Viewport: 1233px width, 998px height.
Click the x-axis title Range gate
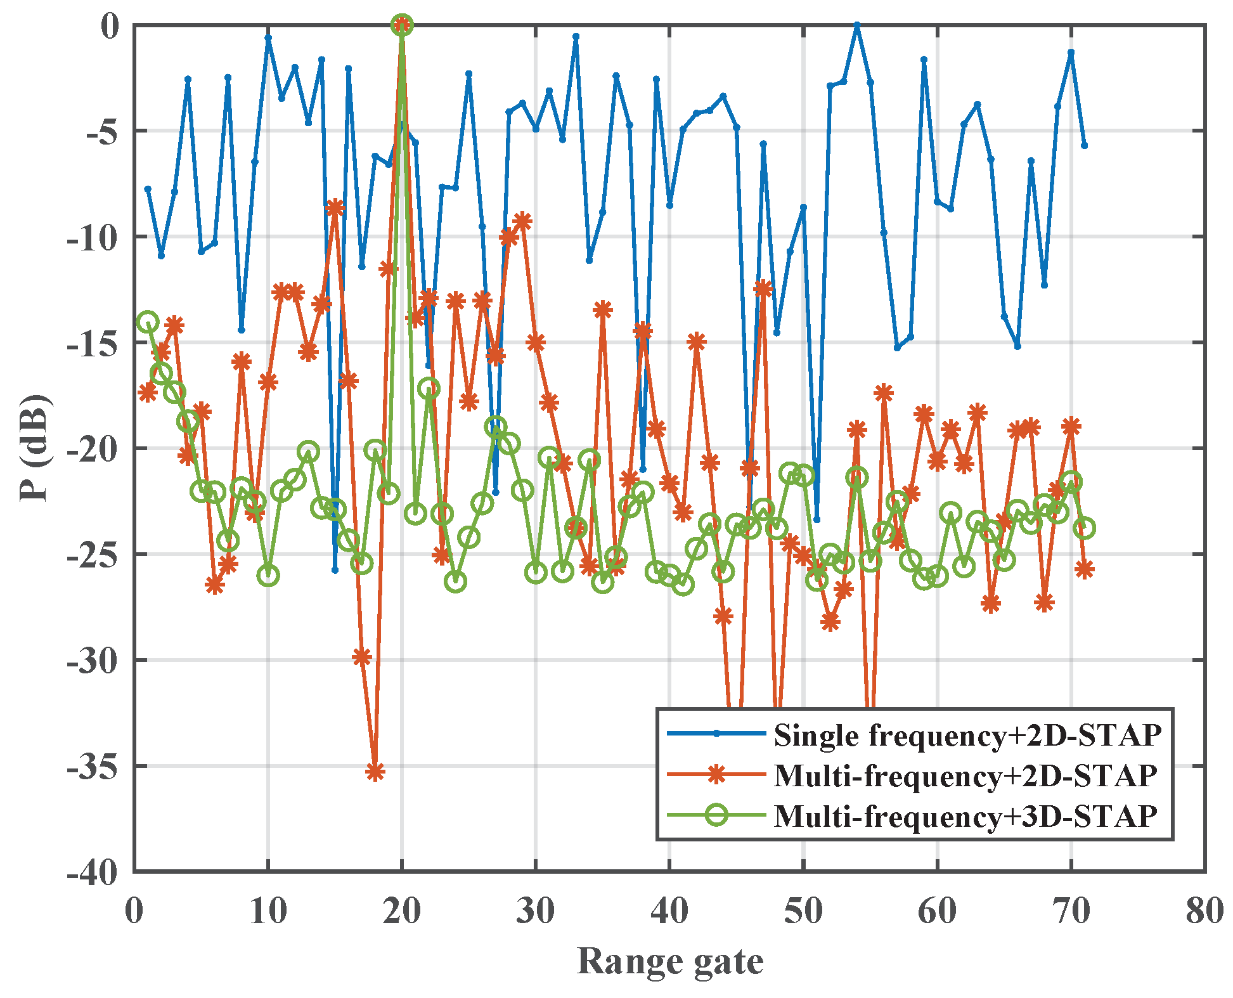coord(670,961)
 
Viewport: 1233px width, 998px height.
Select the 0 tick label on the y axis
coord(109,27)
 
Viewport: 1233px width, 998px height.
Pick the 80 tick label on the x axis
coord(1204,912)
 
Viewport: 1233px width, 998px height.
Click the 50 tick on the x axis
coord(803,912)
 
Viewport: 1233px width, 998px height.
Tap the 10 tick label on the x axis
coord(268,912)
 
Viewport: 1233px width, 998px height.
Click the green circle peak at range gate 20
coord(402,25)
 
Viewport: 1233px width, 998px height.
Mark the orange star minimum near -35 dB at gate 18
coord(375,772)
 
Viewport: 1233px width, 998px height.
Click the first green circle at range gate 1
coord(148,321)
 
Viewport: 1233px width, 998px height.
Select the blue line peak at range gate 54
coord(857,25)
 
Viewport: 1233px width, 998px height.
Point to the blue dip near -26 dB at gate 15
coord(335,570)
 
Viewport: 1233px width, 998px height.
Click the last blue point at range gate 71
coord(1084,146)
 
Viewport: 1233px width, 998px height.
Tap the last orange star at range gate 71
coord(1085,569)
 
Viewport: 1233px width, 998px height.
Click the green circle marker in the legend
coord(716,815)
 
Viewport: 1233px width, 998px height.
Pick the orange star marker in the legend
coord(716,774)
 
